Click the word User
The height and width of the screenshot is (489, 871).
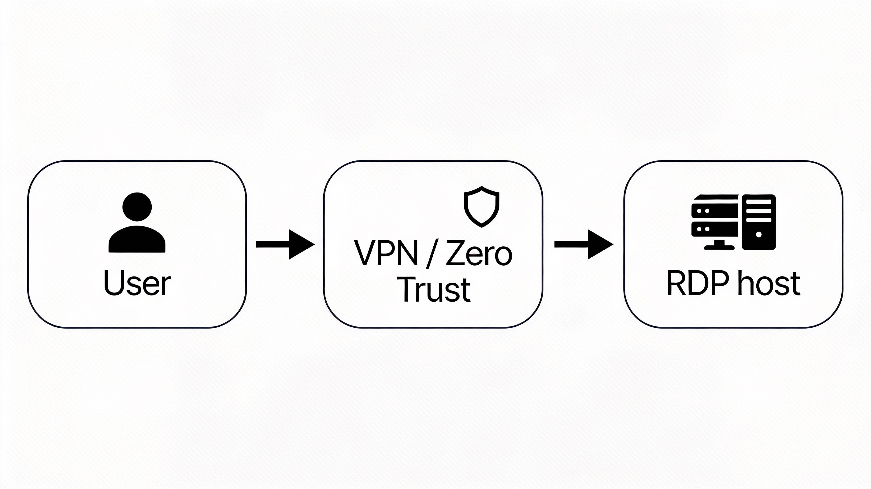(137, 283)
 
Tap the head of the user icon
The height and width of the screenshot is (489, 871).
(137, 207)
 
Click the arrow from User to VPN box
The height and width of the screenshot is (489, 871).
(285, 244)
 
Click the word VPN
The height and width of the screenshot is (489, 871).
(385, 253)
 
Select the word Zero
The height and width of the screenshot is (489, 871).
(479, 253)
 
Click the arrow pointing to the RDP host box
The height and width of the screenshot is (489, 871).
(583, 244)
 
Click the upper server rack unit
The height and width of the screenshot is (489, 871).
(715, 211)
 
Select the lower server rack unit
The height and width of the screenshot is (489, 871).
(715, 229)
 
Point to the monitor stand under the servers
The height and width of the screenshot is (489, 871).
(719, 245)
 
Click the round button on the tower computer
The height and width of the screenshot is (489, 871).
(758, 234)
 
